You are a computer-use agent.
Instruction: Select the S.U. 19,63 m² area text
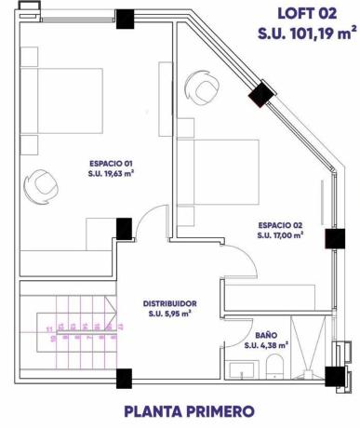pos(111,173)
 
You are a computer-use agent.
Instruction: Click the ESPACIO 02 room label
pos(282,225)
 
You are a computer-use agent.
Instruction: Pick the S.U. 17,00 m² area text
pos(282,235)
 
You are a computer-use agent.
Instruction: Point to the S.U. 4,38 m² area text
pos(265,345)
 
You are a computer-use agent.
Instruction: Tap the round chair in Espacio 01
pos(42,182)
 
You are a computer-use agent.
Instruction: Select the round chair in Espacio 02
pos(204,88)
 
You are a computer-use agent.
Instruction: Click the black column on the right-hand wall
pos(333,238)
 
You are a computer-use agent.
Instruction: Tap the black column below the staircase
pos(123,377)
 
